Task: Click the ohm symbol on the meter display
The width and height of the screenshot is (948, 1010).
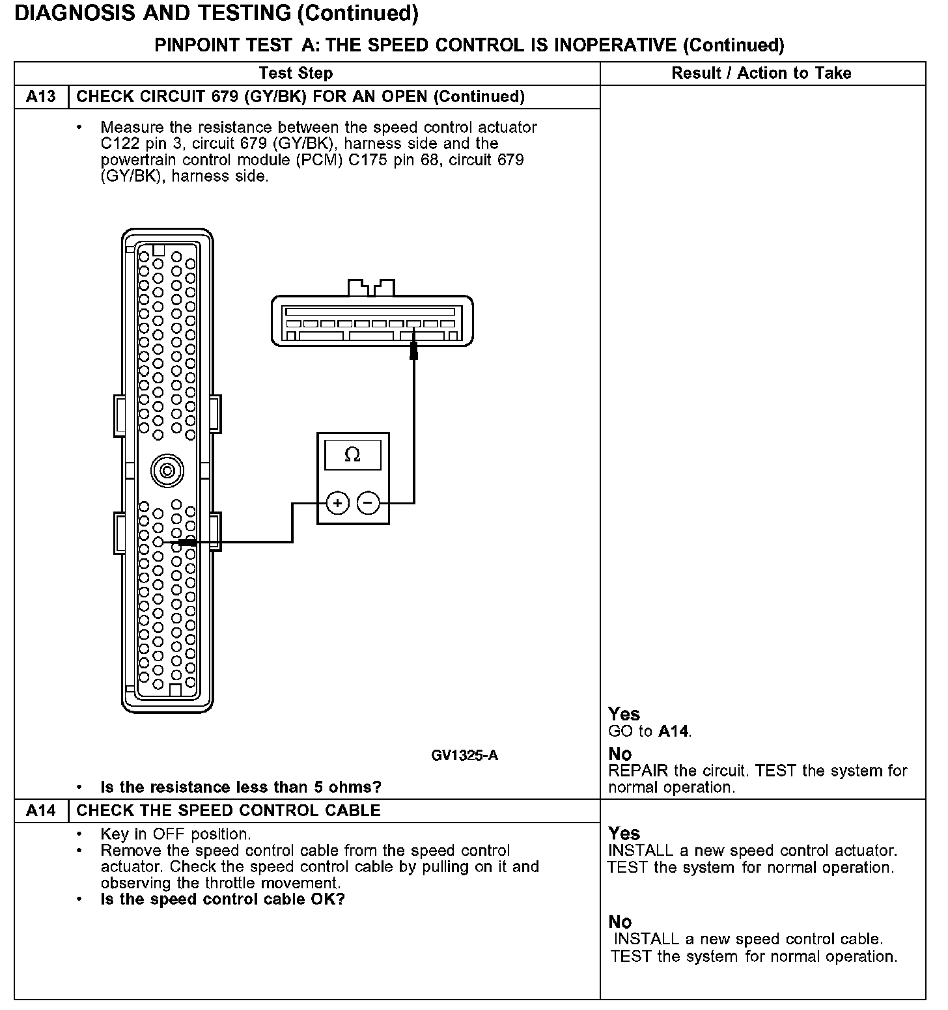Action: (352, 454)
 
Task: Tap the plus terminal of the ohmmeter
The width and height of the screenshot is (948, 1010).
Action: (337, 502)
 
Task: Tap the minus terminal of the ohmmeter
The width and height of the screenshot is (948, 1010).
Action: (369, 502)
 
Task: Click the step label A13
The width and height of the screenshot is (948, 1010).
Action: (41, 97)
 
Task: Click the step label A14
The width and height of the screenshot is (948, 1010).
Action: (41, 810)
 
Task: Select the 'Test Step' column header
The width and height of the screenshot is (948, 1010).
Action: (296, 73)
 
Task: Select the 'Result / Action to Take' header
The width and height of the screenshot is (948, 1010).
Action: (761, 73)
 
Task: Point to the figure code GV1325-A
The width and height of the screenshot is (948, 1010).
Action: (464, 755)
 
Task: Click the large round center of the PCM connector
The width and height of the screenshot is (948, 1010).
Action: (167, 471)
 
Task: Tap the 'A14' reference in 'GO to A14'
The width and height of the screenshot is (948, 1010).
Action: (673, 731)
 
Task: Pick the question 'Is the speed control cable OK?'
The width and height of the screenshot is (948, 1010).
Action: (223, 899)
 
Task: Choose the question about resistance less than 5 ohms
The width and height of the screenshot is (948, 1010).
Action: (241, 787)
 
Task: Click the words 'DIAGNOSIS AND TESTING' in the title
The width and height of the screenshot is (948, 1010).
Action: (151, 13)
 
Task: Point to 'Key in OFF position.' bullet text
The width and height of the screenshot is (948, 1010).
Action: (176, 834)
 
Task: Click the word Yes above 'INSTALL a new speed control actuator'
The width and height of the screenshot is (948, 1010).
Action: (624, 833)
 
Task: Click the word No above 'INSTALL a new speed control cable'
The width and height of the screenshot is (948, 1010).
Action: (620, 921)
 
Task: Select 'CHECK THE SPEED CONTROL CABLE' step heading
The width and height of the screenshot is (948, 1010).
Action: (229, 810)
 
